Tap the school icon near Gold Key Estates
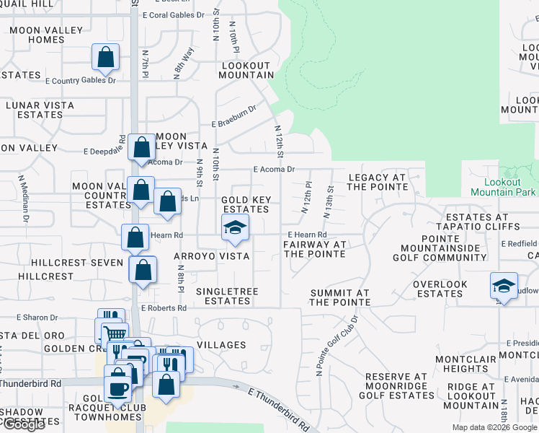click(235, 227)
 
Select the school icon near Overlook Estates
click(504, 286)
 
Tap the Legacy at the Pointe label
click(378, 182)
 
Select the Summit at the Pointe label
click(339, 297)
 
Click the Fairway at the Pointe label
click(315, 249)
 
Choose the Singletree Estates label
click(227, 296)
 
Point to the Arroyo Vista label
click(211, 256)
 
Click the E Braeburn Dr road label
click(234, 117)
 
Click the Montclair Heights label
click(466, 364)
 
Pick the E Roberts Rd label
click(164, 308)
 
